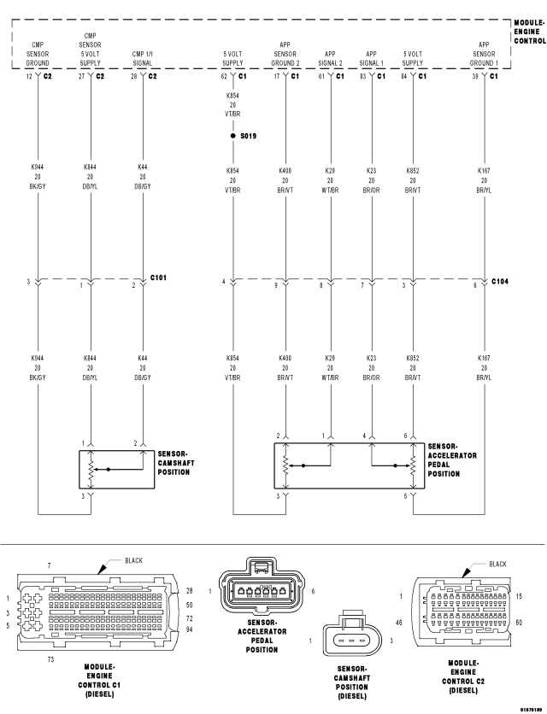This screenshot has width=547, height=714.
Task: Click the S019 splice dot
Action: tap(233, 136)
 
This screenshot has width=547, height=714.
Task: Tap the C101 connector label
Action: tap(158, 278)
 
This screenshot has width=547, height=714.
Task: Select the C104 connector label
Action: tap(500, 281)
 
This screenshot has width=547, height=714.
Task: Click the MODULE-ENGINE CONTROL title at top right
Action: tap(530, 32)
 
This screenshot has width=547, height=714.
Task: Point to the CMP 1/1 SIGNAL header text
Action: tap(142, 58)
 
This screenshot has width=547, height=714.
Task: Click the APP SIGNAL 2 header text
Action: tap(331, 58)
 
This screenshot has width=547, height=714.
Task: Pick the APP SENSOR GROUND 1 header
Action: tap(484, 54)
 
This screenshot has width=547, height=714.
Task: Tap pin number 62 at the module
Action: tap(224, 77)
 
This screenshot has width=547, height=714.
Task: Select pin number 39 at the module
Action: tap(475, 77)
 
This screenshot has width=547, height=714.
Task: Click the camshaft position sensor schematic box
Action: tap(117, 470)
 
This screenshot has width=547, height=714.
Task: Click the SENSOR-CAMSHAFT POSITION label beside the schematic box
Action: tap(176, 463)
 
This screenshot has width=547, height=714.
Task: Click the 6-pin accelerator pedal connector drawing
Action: tap(262, 586)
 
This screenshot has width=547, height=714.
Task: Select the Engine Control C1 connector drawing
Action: tap(97, 612)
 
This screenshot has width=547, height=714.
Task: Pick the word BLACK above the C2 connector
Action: tap(497, 565)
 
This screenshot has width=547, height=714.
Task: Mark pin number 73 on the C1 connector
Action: tap(50, 659)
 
